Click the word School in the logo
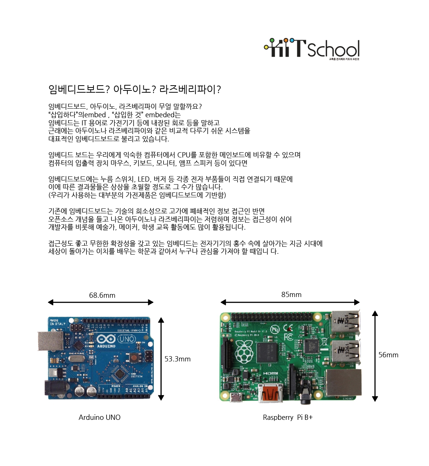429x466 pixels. click(x=333, y=50)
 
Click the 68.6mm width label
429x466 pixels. click(x=102, y=295)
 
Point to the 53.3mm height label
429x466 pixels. click(x=177, y=359)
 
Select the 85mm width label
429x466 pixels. click(x=291, y=294)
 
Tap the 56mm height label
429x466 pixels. click(x=388, y=355)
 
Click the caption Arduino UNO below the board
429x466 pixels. click(x=99, y=417)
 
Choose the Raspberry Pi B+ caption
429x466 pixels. click(x=287, y=417)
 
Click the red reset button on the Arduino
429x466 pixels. click(x=133, y=358)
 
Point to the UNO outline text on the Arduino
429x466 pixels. click(x=127, y=339)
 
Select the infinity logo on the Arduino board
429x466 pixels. click(x=106, y=339)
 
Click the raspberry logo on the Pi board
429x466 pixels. click(x=244, y=352)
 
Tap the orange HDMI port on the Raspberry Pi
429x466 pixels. click(x=271, y=394)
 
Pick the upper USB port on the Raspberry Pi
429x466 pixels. click(x=345, y=322)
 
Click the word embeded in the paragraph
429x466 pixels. click(x=162, y=115)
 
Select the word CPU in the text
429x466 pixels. click(x=184, y=155)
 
